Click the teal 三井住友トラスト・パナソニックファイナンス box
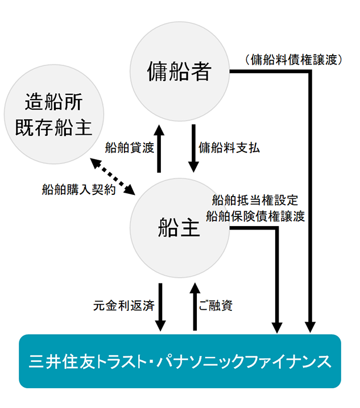pos(180,361)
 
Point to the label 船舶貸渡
pos(130,148)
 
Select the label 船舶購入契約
pos(79,190)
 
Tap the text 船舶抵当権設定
pos(254,200)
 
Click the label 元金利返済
pos(123,305)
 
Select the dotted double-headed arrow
pos(114,176)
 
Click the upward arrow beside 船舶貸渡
pos(159,148)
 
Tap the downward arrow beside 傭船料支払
pos(195,148)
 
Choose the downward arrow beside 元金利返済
pos(160,307)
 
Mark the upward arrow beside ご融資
pos(195,307)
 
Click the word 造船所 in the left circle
pos(54,103)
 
